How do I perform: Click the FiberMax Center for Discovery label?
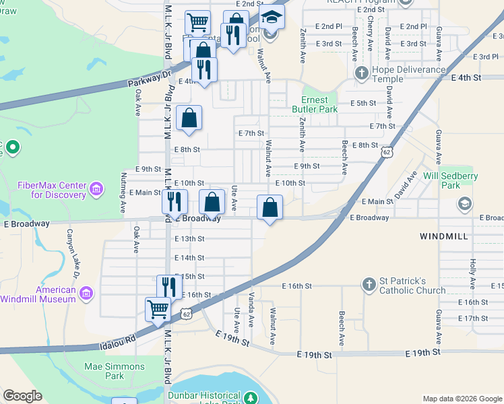(53, 190)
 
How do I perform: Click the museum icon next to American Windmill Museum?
(86, 293)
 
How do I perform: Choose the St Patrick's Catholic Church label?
(411, 285)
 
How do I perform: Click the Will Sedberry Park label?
(451, 180)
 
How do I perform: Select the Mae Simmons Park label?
(104, 371)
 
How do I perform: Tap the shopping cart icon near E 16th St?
(158, 310)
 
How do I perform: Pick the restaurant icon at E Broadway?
(174, 201)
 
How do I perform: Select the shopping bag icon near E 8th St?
(190, 118)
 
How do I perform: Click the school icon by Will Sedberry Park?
(465, 203)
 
